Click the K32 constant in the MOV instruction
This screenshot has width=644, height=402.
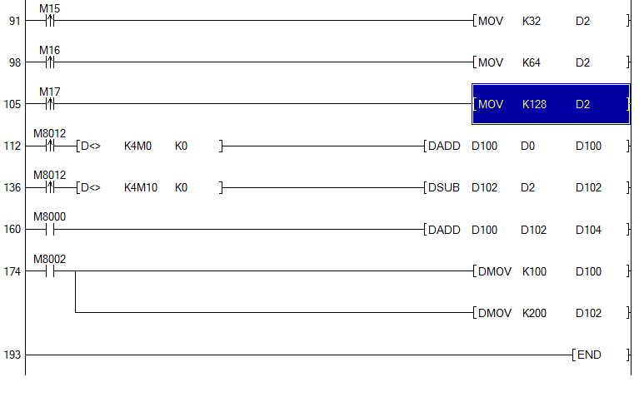[x=532, y=21]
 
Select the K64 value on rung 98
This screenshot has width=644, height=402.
[x=532, y=62]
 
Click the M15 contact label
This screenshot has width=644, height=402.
[x=49, y=8]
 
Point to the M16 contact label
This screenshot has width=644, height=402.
[x=49, y=50]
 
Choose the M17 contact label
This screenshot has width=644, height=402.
[x=49, y=92]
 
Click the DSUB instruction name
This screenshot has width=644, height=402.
[x=444, y=188]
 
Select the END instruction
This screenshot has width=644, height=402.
[x=589, y=355]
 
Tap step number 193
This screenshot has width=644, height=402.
[x=12, y=355]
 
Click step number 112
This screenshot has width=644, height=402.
[x=12, y=146]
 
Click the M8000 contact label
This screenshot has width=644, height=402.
[x=49, y=216]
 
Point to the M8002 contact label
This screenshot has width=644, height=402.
[x=49, y=259]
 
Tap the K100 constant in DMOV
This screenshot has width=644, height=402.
[x=534, y=271]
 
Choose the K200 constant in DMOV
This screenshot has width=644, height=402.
[x=534, y=314]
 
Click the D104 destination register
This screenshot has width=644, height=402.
[x=588, y=230]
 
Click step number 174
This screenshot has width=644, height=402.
[x=12, y=271]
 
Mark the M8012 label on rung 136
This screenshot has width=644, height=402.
[x=49, y=175]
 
